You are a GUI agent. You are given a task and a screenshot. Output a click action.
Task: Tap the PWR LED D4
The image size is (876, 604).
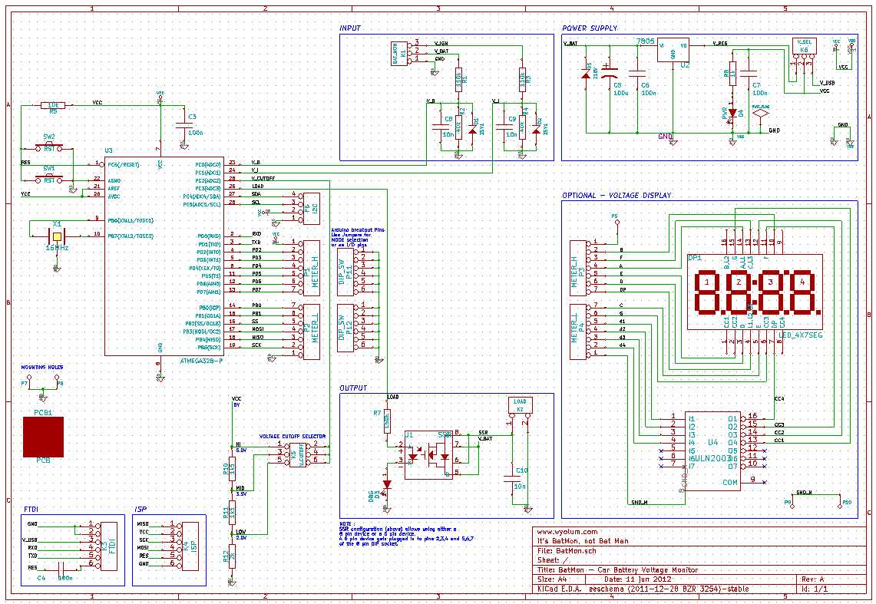[732, 114]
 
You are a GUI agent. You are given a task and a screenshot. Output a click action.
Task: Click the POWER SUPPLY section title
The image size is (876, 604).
[590, 28]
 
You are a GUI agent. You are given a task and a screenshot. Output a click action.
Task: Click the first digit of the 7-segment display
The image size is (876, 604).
[706, 292]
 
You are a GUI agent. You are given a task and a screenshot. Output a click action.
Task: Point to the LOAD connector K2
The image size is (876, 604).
[519, 406]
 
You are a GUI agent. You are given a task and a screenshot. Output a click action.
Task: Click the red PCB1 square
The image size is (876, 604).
[43, 437]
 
